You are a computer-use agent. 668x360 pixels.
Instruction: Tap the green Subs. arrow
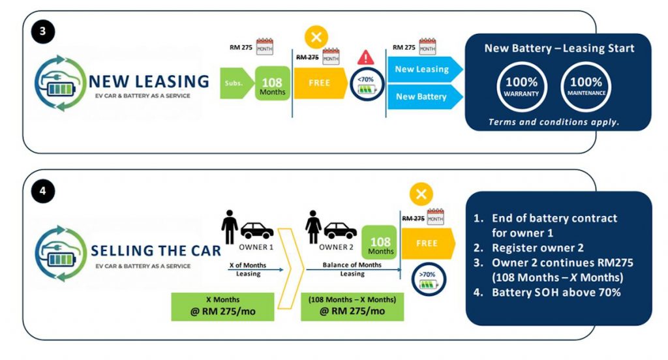(x=236, y=83)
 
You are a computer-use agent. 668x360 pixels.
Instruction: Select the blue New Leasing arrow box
(x=423, y=69)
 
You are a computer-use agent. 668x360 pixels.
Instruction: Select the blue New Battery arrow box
(x=423, y=97)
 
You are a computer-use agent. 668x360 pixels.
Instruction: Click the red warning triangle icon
(x=366, y=57)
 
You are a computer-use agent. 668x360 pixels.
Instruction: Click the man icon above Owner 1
(x=230, y=226)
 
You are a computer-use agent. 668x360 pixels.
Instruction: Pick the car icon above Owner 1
(x=257, y=230)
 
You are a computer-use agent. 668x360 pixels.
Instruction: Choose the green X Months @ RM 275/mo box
(x=222, y=306)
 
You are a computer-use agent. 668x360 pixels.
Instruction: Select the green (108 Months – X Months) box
(x=352, y=306)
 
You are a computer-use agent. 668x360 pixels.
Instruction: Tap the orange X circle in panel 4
(x=421, y=194)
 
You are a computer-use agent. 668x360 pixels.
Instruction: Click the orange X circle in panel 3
(x=316, y=37)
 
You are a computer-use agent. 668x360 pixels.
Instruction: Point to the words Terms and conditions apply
(x=554, y=122)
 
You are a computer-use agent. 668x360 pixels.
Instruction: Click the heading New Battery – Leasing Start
(x=559, y=48)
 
